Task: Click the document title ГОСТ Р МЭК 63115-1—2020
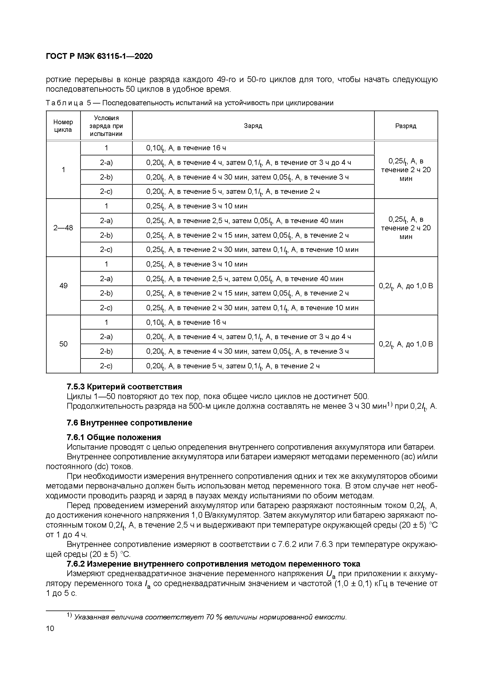(x=99, y=56)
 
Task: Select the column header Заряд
(x=253, y=126)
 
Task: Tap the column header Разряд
(x=406, y=126)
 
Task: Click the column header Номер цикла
(x=63, y=126)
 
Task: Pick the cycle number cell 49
(x=63, y=286)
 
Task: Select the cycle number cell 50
(x=63, y=344)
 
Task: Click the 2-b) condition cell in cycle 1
(x=106, y=177)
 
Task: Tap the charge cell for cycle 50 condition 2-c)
(x=233, y=366)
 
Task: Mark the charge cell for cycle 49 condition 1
(x=197, y=264)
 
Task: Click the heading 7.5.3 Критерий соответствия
(x=124, y=387)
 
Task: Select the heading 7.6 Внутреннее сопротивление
(x=129, y=423)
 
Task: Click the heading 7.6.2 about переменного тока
(x=213, y=564)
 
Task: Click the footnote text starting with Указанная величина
(x=210, y=617)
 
